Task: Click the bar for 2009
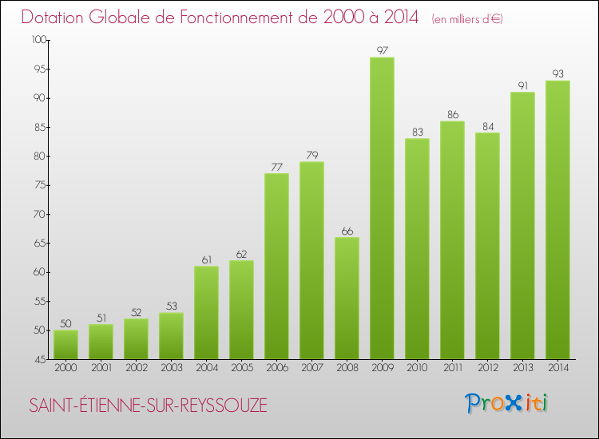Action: (382, 208)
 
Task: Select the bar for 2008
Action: (347, 299)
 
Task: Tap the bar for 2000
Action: (65, 345)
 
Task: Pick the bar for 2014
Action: (557, 219)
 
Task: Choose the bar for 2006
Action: (276, 267)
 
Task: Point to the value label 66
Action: (347, 231)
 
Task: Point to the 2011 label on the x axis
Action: (452, 368)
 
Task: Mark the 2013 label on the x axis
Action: (522, 368)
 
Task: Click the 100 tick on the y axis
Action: (38, 40)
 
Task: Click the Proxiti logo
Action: (507, 403)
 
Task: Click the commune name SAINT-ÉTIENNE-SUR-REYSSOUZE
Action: (148, 405)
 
